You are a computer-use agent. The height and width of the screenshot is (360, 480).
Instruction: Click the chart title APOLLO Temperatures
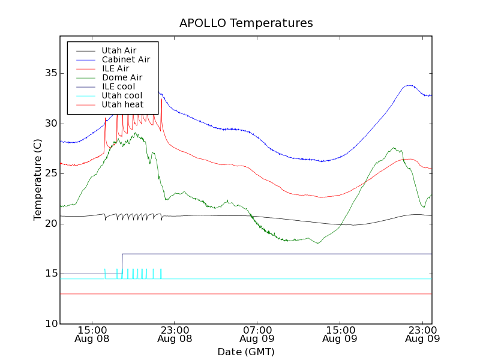246,23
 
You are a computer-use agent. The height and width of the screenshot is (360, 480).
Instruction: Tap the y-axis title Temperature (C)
37,179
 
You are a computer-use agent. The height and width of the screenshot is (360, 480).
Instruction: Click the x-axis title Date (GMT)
246,352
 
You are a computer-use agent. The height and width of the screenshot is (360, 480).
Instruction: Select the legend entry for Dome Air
121,77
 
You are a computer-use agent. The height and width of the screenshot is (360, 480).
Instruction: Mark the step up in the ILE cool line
122,263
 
